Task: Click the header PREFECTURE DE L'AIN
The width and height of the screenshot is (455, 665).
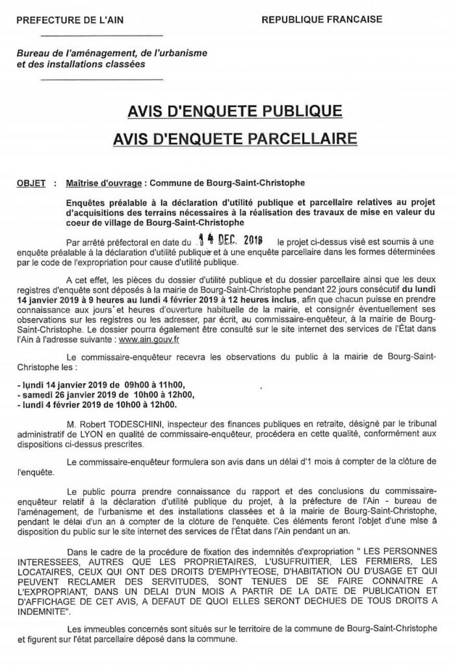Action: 64,21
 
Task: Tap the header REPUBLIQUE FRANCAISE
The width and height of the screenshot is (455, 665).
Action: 322,20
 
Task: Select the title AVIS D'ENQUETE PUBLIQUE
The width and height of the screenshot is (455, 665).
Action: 227,112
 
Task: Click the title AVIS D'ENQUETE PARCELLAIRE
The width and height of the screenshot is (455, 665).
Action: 227,139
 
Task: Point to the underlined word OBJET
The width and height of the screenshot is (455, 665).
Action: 31,184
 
